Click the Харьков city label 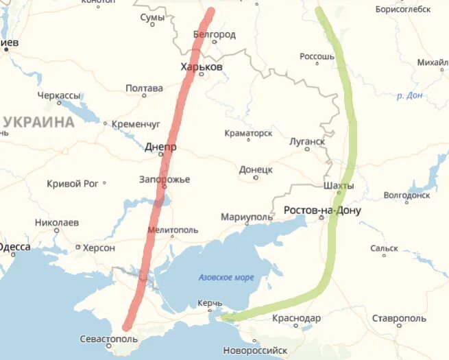(201, 67)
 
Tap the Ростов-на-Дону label (321, 210)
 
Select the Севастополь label (109, 339)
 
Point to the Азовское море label (226, 277)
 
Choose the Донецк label (256, 169)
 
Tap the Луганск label (306, 141)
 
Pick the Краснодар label (296, 318)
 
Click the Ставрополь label (400, 318)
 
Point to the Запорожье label (165, 180)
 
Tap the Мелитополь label (172, 230)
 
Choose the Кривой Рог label (73, 183)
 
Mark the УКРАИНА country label (38, 123)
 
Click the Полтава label (144, 88)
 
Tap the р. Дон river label (409, 96)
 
